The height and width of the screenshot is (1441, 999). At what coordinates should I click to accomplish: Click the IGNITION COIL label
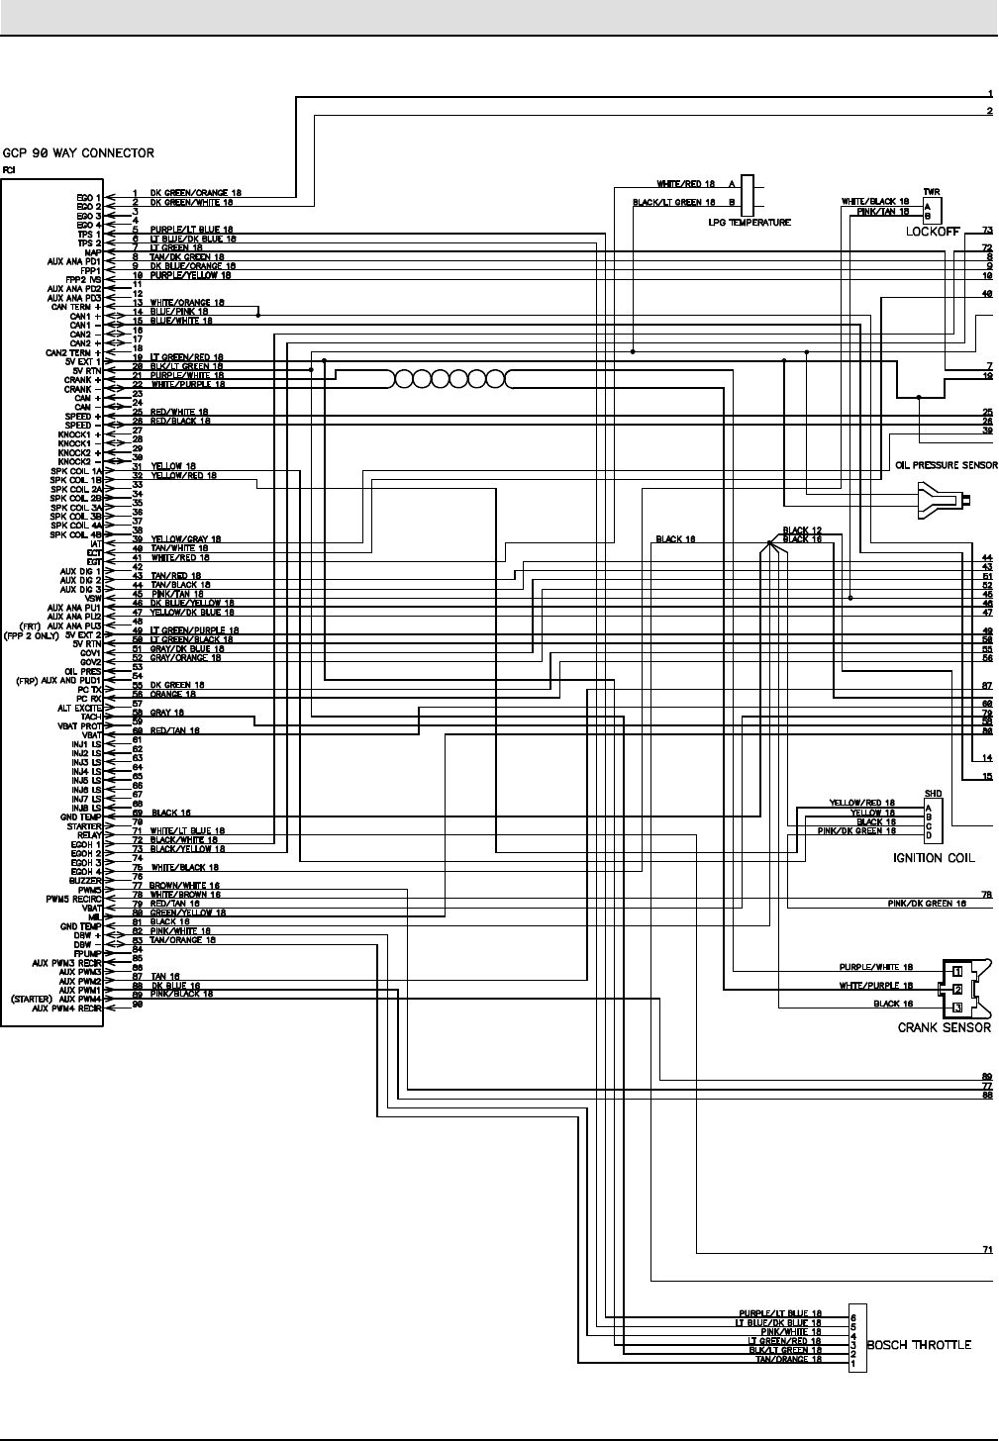pyautogui.click(x=933, y=858)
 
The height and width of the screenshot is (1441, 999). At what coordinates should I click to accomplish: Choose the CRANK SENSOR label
pyautogui.click(x=944, y=1027)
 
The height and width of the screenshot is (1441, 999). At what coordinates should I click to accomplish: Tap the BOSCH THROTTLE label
pyautogui.click(x=918, y=1344)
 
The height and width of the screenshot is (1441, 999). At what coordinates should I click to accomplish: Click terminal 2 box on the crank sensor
pyautogui.click(x=957, y=989)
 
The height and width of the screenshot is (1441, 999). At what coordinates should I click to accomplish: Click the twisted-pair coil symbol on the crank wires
pyautogui.click(x=450, y=378)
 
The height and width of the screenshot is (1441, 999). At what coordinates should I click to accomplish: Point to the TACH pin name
pyautogui.click(x=92, y=717)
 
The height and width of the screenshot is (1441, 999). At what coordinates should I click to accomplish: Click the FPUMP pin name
pyautogui.click(x=88, y=950)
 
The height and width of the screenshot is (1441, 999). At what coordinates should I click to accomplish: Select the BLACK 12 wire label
pyautogui.click(x=802, y=530)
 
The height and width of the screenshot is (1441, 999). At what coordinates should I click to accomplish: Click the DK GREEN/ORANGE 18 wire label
pyautogui.click(x=195, y=193)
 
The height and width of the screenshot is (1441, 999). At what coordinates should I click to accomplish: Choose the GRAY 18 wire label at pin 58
pyautogui.click(x=168, y=712)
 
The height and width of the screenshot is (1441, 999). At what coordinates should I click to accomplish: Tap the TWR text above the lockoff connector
pyautogui.click(x=931, y=192)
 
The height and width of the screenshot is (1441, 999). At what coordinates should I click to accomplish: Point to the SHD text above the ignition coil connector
pyautogui.click(x=932, y=794)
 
